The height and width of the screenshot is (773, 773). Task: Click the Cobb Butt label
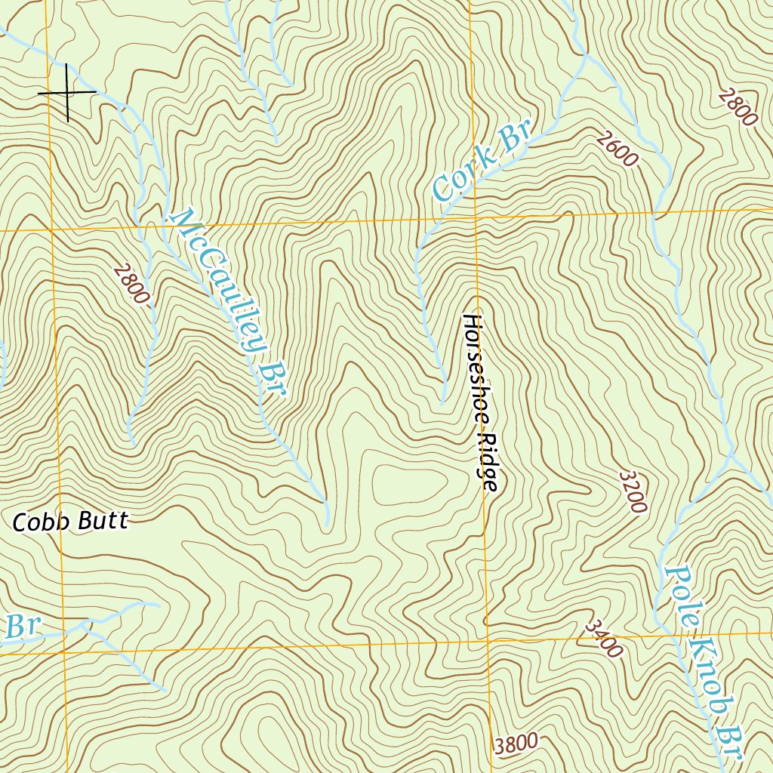71,521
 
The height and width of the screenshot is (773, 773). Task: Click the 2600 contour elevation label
616,149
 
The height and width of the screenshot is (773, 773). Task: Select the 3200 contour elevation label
633,491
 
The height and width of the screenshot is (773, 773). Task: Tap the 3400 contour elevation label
604,639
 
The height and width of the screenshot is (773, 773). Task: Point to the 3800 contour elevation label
518,744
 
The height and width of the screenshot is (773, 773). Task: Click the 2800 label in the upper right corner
738,107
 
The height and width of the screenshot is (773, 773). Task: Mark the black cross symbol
67,92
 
